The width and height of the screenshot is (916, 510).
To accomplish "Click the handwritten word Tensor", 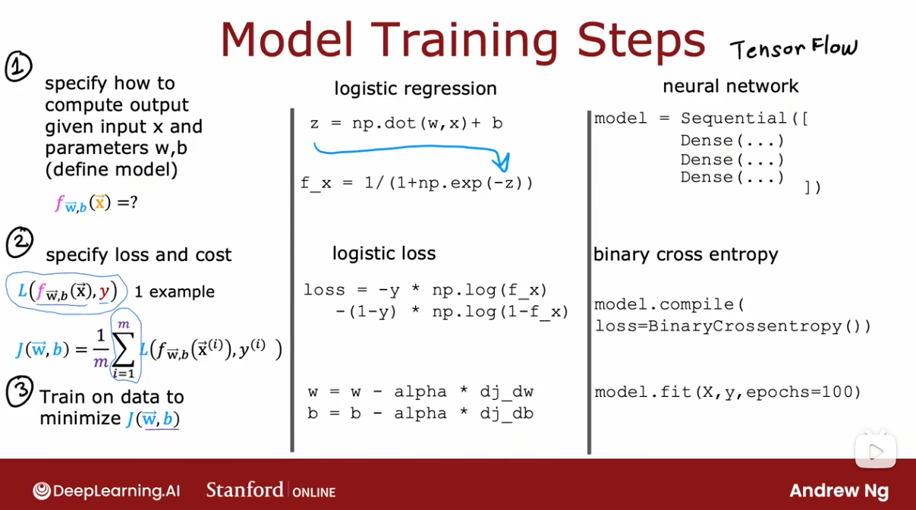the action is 767,49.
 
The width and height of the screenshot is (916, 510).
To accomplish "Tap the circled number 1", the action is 18,66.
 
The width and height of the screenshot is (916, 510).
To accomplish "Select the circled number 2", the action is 20,242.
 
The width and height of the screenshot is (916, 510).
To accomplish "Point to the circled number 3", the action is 20,391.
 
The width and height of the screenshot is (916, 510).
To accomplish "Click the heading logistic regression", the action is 415,88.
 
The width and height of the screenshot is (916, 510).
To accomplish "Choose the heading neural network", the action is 730,87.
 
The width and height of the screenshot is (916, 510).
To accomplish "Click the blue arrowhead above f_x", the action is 502,162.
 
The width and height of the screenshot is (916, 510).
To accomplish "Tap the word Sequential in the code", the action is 734,118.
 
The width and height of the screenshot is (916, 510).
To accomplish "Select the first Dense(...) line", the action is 732,140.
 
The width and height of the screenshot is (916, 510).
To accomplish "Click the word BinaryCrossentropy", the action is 745,326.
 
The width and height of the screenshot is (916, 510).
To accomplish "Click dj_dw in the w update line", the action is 507,392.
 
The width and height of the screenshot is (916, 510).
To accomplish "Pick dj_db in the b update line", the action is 507,414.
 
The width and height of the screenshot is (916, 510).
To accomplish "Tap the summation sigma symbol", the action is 124,349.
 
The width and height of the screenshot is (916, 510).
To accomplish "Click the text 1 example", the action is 175,291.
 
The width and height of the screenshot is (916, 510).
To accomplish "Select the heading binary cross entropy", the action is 686,254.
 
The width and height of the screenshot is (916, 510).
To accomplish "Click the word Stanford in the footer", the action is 244,490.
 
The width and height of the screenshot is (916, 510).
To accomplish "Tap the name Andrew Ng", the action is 839,491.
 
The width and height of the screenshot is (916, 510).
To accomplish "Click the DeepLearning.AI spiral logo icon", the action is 42,491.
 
